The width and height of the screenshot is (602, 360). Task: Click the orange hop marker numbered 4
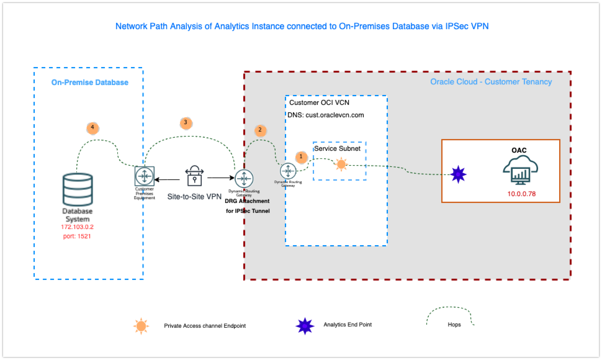click(92, 128)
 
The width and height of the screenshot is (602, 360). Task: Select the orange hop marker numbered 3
click(185, 122)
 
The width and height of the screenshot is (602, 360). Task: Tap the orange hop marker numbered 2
click(261, 130)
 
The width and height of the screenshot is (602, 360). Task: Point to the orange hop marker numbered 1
click(301, 157)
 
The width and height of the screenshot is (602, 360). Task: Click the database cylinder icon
click(78, 190)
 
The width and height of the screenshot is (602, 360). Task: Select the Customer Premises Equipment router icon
click(144, 176)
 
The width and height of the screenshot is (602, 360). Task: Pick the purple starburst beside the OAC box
click(458, 174)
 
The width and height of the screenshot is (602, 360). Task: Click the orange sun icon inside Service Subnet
click(341, 164)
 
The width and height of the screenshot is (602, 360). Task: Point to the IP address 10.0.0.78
click(521, 194)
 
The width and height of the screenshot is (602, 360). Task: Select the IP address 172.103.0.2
click(77, 228)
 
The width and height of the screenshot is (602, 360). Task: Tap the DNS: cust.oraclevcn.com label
click(326, 115)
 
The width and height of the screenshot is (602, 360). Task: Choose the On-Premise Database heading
click(89, 83)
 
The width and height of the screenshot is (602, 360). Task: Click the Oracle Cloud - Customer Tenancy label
click(491, 82)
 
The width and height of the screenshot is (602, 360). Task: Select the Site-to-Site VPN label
click(194, 197)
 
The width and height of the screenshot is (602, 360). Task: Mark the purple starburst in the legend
click(305, 325)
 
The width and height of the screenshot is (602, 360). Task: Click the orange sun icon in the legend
click(142, 325)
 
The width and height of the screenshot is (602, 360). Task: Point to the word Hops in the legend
click(454, 325)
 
